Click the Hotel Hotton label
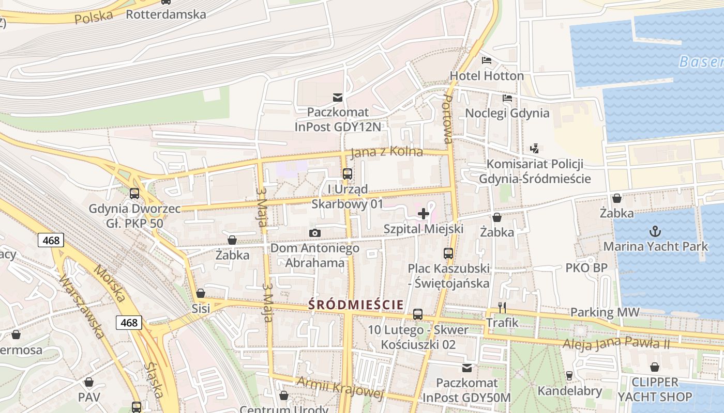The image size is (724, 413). (x=487, y=76)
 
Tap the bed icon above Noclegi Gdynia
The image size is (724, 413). (x=507, y=98)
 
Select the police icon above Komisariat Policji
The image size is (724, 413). (x=535, y=149)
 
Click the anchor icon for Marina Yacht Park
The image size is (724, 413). (x=655, y=231)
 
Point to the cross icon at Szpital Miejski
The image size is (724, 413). (x=424, y=213)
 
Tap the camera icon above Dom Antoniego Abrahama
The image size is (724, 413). (x=314, y=233)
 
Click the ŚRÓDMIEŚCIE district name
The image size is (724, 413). (x=356, y=305)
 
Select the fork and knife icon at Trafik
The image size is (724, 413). (x=502, y=308)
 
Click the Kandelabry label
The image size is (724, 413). (x=569, y=391)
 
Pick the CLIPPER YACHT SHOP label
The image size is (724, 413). (x=655, y=390)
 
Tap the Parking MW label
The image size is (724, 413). (x=605, y=312)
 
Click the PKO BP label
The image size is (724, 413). (x=586, y=268)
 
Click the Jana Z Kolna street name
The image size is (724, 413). (x=386, y=152)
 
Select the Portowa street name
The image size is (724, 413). (x=447, y=119)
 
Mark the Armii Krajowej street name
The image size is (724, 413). (x=340, y=388)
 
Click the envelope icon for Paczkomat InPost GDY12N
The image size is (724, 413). (x=338, y=97)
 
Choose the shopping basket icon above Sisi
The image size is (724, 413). (x=201, y=293)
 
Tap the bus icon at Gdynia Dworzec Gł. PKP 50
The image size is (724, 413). (x=134, y=194)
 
